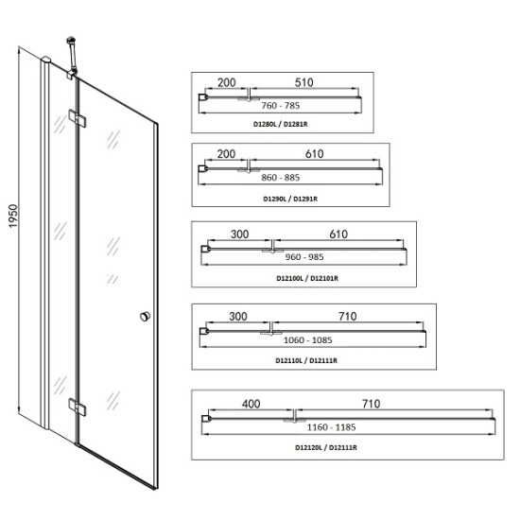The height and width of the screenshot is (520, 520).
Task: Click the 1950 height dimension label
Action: [12, 216]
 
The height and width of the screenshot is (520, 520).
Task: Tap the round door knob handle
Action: [145, 317]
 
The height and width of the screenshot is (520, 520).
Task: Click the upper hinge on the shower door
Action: [78, 118]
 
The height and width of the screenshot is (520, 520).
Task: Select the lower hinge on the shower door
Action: [78, 407]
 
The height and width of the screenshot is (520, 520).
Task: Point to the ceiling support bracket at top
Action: [72, 58]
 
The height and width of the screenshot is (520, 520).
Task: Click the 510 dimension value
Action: [304, 82]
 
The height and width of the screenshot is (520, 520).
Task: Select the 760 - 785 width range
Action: [281, 106]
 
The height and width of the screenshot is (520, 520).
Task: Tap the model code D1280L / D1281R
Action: [281, 125]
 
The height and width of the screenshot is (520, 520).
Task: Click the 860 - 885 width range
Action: [281, 178]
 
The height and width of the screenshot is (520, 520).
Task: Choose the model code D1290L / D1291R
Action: [290, 199]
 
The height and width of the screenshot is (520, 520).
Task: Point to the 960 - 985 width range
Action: [304, 256]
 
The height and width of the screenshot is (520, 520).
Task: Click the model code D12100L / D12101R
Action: [307, 278]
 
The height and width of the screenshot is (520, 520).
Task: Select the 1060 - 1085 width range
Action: [308, 340]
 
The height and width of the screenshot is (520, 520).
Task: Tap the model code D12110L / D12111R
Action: [306, 360]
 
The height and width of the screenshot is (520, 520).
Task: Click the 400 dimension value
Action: [251, 404]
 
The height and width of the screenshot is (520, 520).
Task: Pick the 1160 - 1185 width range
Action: [332, 427]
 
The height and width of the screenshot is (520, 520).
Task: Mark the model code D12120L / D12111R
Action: [326, 448]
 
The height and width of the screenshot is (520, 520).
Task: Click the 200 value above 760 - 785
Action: [227, 82]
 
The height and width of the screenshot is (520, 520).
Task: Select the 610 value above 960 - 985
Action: [338, 234]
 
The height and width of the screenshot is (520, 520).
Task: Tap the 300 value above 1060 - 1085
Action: [238, 317]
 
